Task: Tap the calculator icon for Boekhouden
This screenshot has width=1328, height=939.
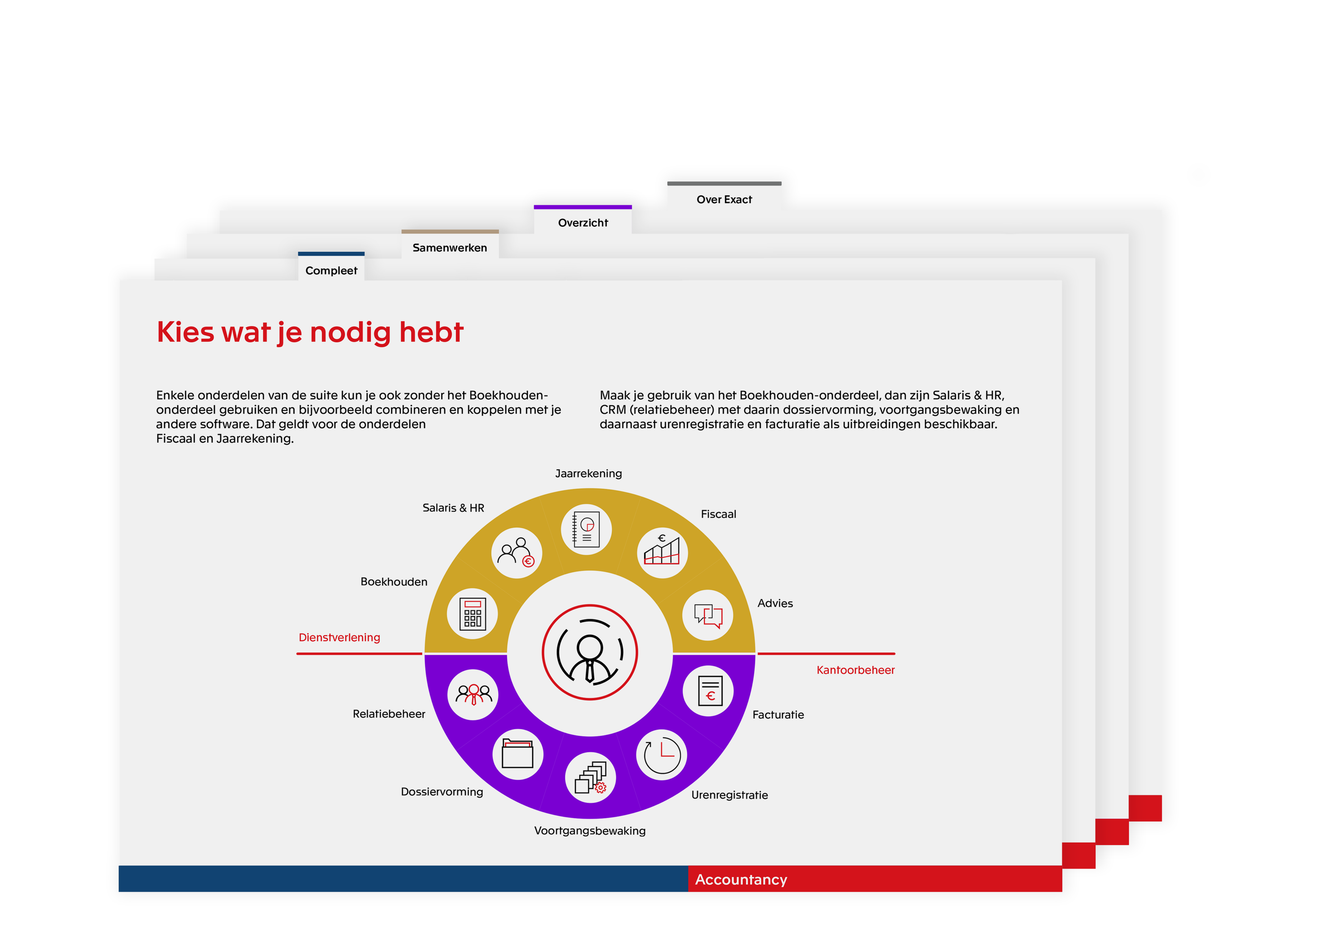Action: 472,613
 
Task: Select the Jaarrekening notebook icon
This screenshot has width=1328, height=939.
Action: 586,529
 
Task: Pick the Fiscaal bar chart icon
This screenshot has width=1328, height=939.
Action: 662,550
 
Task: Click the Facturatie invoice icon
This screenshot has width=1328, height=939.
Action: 710,690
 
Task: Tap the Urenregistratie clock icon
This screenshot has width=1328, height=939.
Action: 662,755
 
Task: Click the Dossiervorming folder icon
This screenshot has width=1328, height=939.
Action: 517,754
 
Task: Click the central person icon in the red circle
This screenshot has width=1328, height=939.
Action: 589,652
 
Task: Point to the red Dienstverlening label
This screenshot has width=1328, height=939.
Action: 340,638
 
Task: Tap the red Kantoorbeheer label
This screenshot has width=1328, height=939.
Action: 856,670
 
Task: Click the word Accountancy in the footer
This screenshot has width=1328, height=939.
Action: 741,880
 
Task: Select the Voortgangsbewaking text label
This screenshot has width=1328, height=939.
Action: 589,831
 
